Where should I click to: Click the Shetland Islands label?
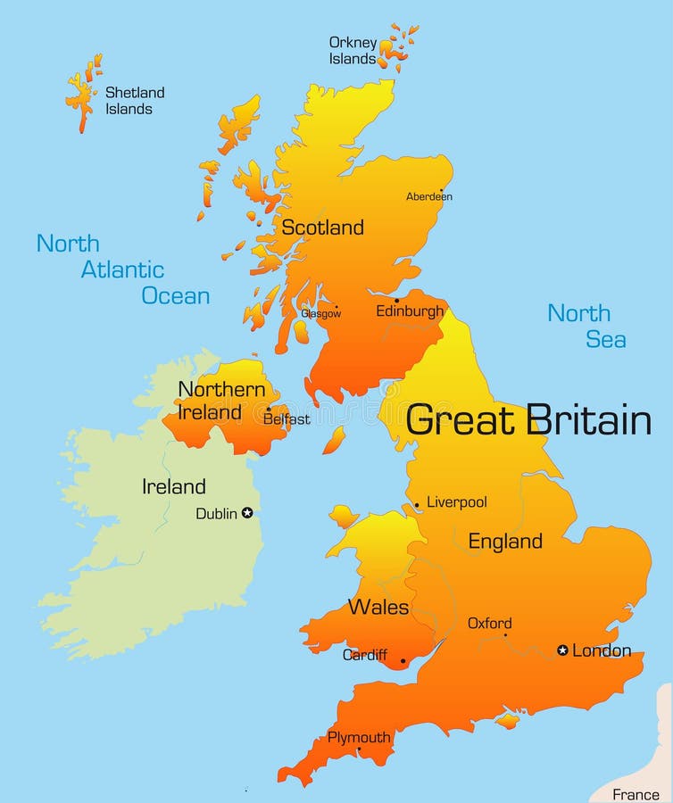click(x=135, y=101)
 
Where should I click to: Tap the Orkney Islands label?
click(x=353, y=51)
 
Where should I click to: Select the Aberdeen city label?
click(x=429, y=196)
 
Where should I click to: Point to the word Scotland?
click(x=322, y=228)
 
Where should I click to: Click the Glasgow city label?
click(x=320, y=314)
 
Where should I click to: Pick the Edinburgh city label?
click(x=410, y=311)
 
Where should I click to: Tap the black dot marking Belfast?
click(x=268, y=410)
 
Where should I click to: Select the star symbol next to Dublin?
click(x=247, y=513)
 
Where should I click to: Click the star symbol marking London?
click(x=562, y=650)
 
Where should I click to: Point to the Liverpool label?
click(x=456, y=502)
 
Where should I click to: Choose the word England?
click(x=505, y=542)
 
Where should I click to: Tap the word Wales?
click(x=378, y=608)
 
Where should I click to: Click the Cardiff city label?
click(x=365, y=655)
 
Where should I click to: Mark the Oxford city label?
click(x=490, y=624)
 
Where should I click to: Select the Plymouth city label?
click(x=359, y=738)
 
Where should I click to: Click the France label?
click(x=636, y=794)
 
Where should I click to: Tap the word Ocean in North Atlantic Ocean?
click(x=176, y=296)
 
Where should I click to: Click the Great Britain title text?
click(x=528, y=420)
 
